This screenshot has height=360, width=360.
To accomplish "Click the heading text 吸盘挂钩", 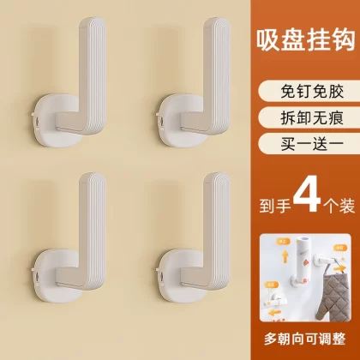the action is (305, 41).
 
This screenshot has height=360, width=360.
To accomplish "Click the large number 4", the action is (307, 197).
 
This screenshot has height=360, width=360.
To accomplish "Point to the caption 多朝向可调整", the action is (305, 339).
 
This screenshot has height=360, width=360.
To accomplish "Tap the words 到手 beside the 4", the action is (275, 205).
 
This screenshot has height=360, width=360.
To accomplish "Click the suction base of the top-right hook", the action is (177, 123).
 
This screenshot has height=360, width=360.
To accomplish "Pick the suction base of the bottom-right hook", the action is (177, 277).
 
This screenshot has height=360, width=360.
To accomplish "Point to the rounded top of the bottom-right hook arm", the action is (218, 179).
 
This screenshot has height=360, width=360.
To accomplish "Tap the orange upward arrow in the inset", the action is (285, 256).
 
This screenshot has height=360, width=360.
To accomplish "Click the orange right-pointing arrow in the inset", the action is (340, 269).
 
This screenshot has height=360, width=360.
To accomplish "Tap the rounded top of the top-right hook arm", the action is (218, 24).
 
